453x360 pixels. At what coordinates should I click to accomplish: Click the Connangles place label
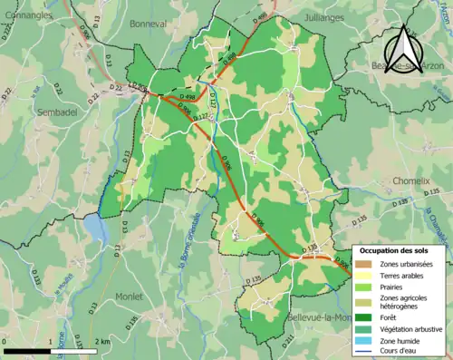(28, 15)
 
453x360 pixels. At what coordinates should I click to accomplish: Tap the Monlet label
(129, 297)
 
